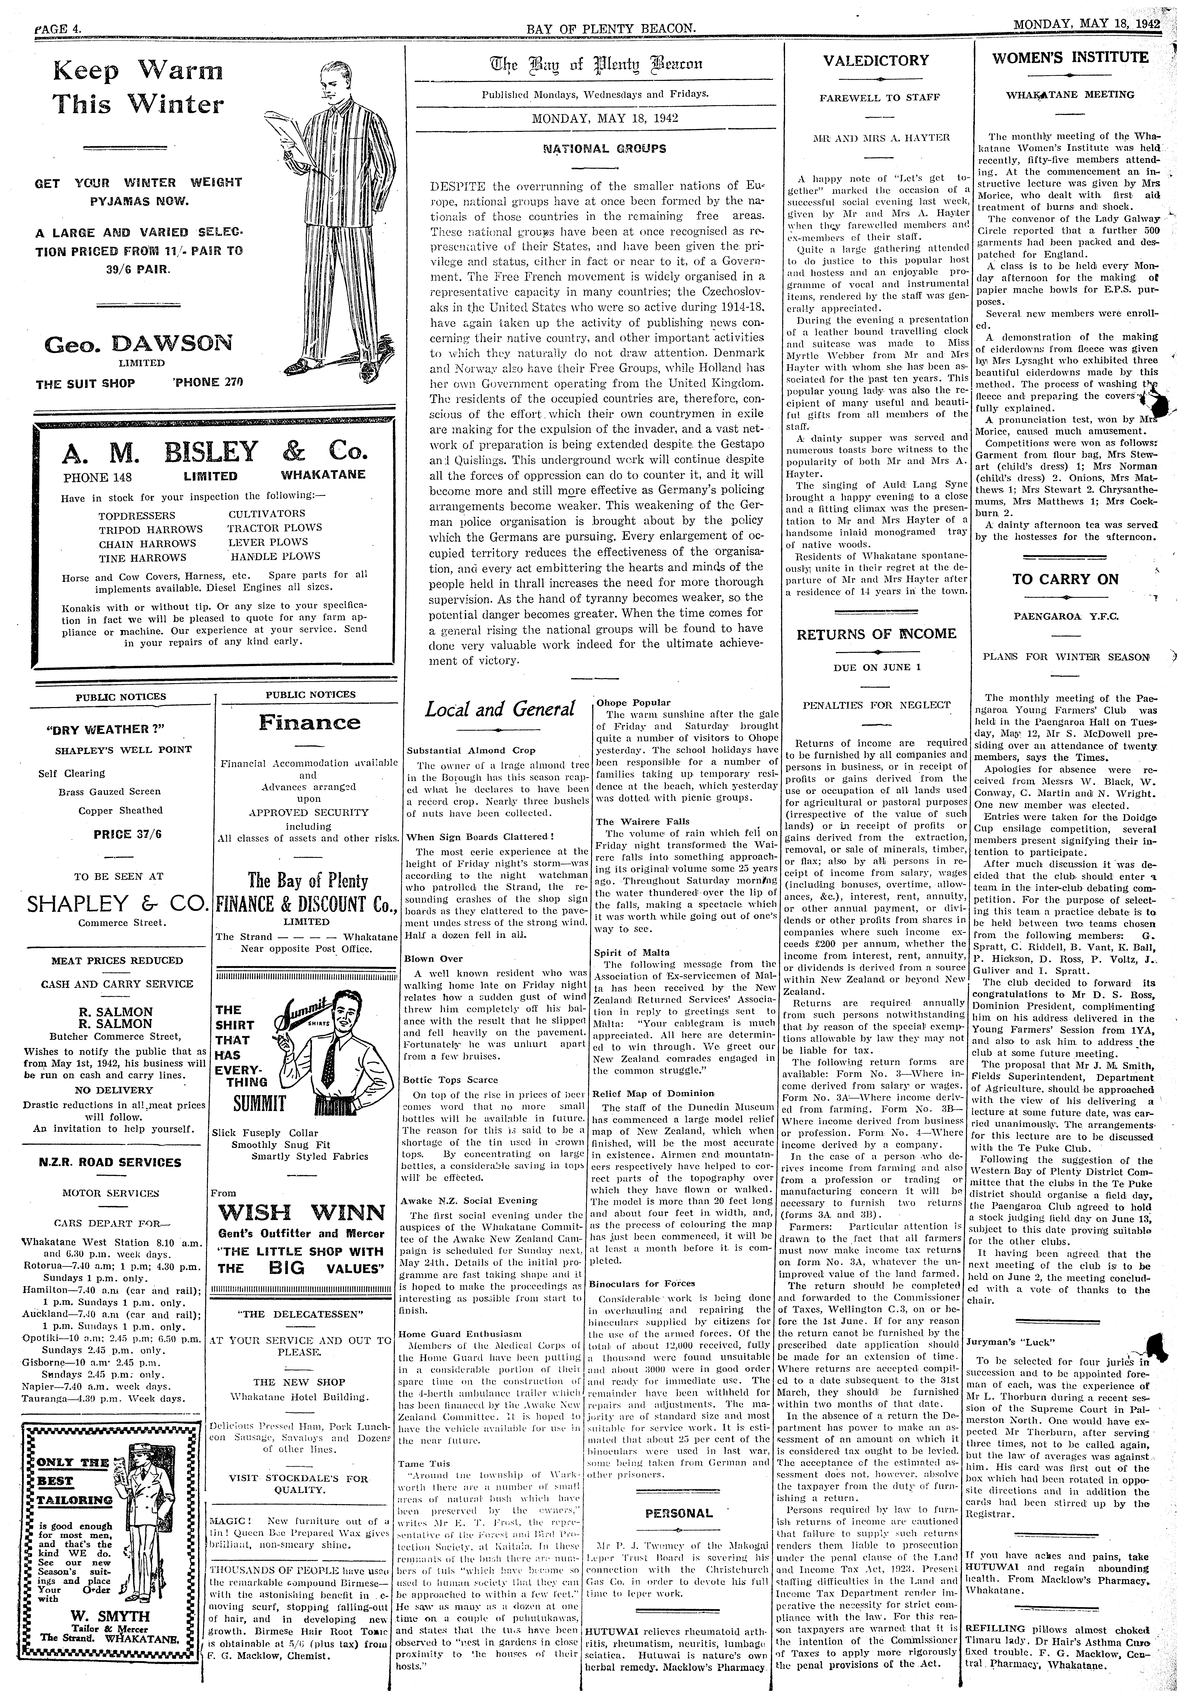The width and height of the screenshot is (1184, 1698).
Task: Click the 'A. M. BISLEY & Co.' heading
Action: tap(215, 451)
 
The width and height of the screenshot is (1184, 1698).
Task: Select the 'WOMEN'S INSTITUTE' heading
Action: tap(1070, 58)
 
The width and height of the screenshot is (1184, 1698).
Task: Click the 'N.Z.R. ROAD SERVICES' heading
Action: tap(109, 1162)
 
